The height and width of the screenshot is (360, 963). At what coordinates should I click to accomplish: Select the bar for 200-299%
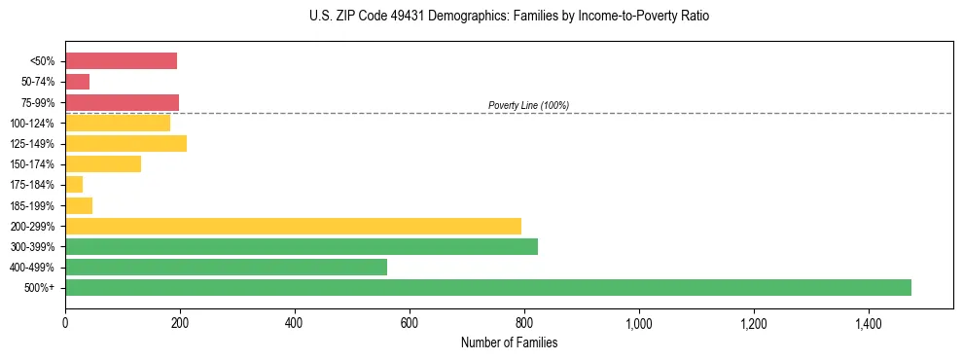point(293,226)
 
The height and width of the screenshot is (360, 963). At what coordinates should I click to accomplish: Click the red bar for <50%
point(121,61)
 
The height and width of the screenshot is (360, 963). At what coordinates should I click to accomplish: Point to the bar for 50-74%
point(78,82)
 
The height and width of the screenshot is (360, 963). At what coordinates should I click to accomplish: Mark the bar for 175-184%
point(74,185)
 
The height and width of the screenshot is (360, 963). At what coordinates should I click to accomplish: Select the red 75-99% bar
point(122,102)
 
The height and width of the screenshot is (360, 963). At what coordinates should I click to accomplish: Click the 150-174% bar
point(103,164)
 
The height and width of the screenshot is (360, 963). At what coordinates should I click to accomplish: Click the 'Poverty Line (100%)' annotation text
point(528,105)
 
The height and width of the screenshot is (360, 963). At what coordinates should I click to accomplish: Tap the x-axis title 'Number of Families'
point(509,342)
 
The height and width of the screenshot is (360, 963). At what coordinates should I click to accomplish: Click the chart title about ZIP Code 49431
point(509,17)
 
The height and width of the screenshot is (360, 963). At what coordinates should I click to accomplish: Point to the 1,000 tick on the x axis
point(639,323)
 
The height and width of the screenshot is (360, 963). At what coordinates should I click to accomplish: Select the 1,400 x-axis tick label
point(869,323)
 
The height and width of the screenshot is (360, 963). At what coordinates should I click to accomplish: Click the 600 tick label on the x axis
point(410,323)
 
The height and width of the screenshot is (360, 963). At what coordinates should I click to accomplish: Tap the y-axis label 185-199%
point(32,205)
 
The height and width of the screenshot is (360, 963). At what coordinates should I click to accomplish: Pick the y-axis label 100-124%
point(32,124)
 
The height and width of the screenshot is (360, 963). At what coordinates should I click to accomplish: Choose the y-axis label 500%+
point(38,288)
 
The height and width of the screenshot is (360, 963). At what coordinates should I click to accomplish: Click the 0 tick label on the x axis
point(65,323)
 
